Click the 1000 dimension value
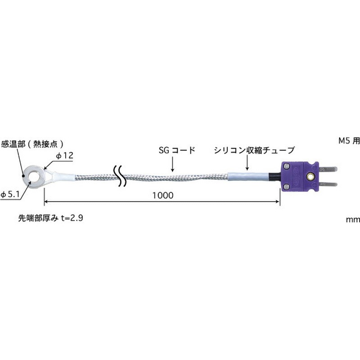pyautogui.click(x=162, y=196)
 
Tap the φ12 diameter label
pyautogui.click(x=64, y=156)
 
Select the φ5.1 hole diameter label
pyautogui.click(x=9, y=194)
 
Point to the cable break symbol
pyautogui.click(x=119, y=177)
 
